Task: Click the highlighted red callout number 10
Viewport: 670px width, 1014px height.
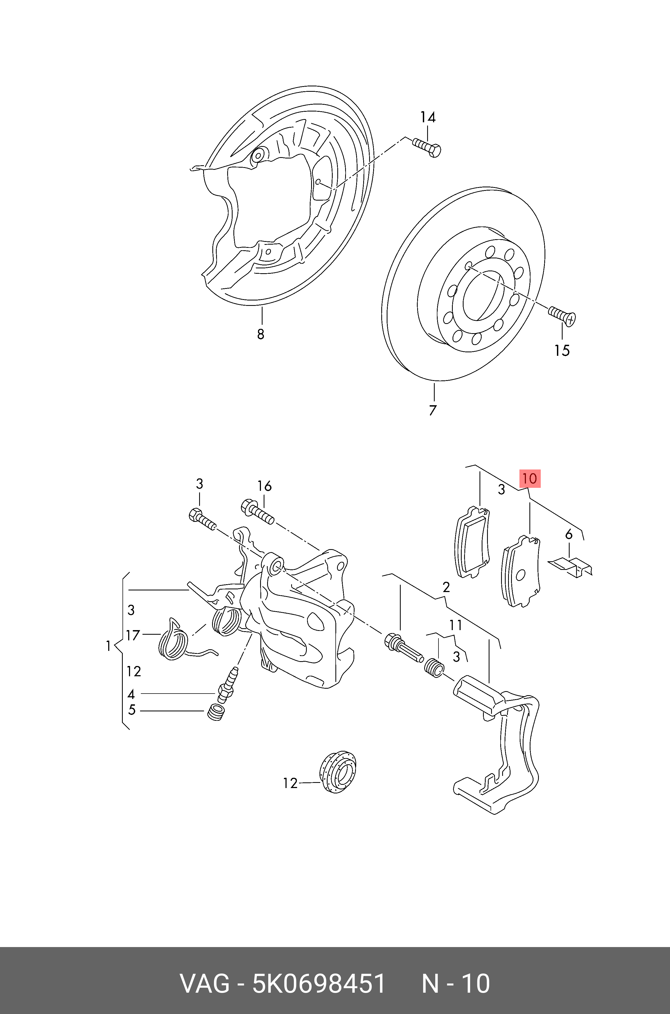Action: (529, 478)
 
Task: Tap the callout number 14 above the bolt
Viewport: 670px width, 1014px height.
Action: (427, 117)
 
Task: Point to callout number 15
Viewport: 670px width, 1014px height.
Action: (562, 350)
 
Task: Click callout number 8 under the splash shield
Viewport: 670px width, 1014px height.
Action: (261, 334)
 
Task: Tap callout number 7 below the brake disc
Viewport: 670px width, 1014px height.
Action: (433, 410)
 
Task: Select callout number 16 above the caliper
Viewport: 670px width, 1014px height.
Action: (264, 486)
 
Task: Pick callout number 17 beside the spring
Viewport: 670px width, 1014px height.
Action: (133, 635)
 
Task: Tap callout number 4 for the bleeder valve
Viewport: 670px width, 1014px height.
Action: (131, 694)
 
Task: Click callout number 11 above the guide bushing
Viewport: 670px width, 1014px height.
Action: (455, 626)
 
